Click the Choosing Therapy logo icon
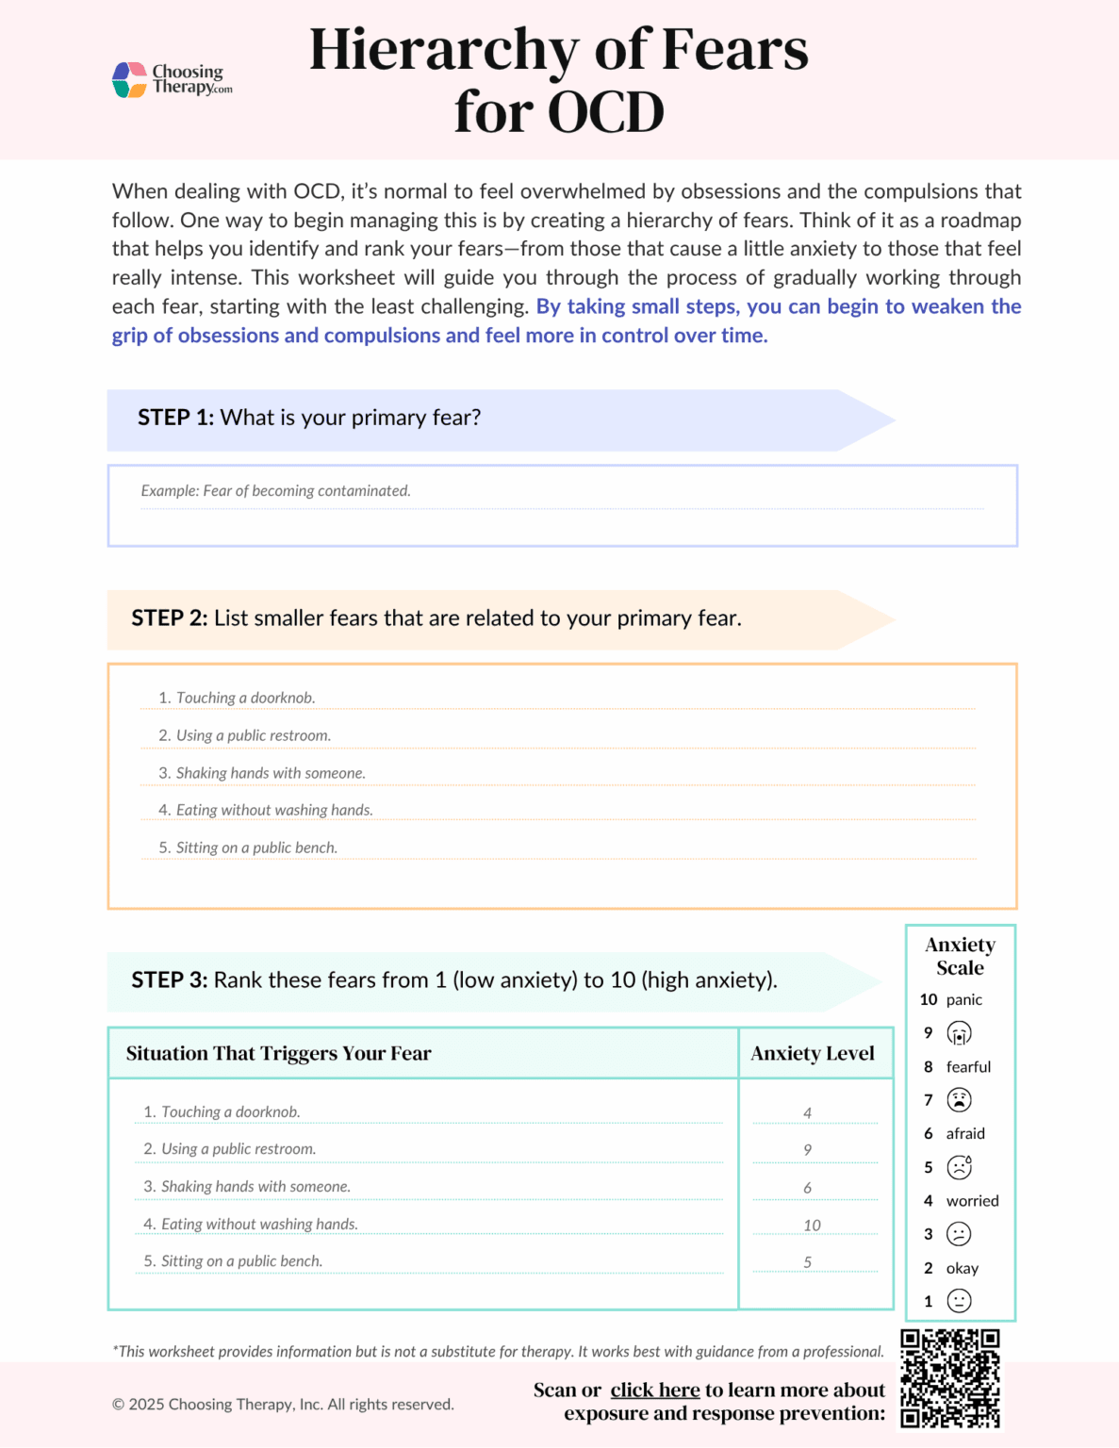(129, 80)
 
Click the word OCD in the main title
(605, 113)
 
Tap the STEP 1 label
(175, 418)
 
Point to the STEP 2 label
(169, 618)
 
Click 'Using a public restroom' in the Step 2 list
(253, 735)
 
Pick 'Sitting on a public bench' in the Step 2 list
(255, 847)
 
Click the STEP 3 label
(169, 980)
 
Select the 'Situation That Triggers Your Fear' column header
(278, 1054)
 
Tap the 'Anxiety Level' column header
(813, 1054)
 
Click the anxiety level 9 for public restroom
(808, 1150)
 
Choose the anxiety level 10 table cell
(812, 1226)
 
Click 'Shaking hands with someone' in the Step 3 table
(255, 1187)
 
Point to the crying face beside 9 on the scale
(959, 1033)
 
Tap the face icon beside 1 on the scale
(959, 1302)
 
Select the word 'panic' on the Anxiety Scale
(963, 1000)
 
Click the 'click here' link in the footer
(654, 1390)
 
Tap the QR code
(949, 1378)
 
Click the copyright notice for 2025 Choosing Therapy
(283, 1405)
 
